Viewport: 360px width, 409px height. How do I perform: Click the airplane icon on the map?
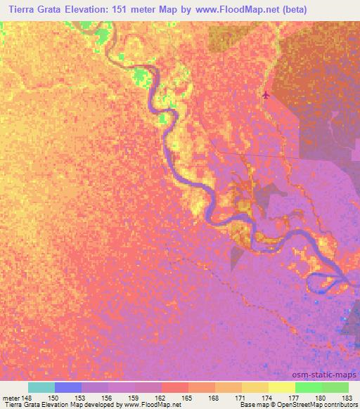pyautogui.click(x=265, y=95)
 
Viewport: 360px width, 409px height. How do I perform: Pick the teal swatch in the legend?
pyautogui.click(x=41, y=387)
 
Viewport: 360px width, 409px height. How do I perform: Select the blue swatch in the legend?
pyautogui.click(x=68, y=387)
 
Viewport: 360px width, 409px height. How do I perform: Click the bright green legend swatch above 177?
pyautogui.click(x=309, y=387)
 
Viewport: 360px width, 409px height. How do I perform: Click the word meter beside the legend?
pyautogui.click(x=11, y=397)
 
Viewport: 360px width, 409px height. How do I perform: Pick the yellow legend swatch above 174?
pyautogui.click(x=282, y=387)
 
